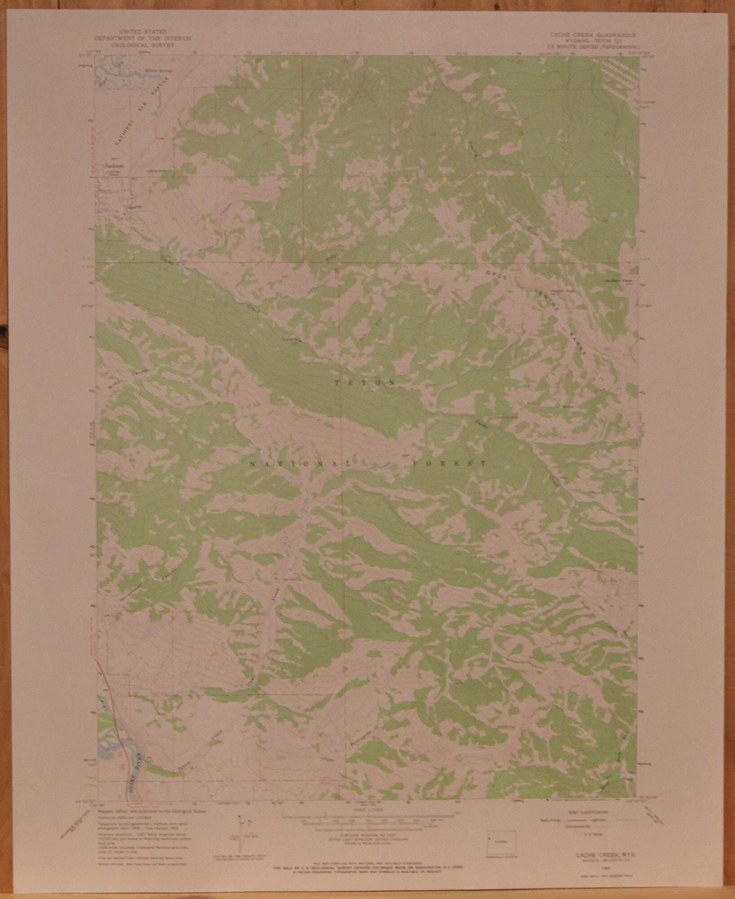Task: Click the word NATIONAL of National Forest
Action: click(x=297, y=463)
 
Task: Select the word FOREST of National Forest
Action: click(x=447, y=463)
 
